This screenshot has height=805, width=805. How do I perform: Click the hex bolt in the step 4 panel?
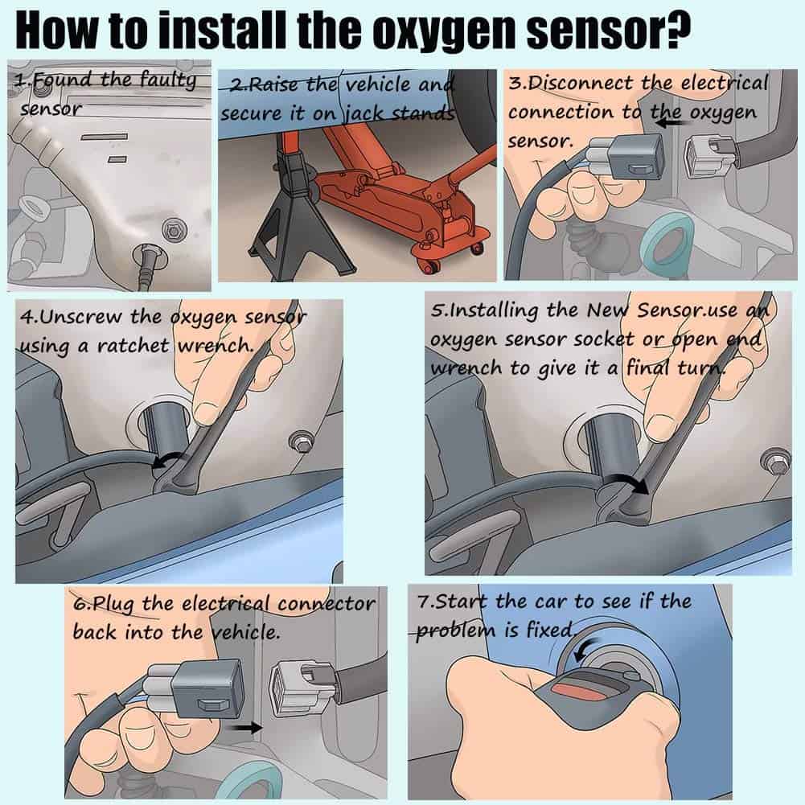coord(304,441)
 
